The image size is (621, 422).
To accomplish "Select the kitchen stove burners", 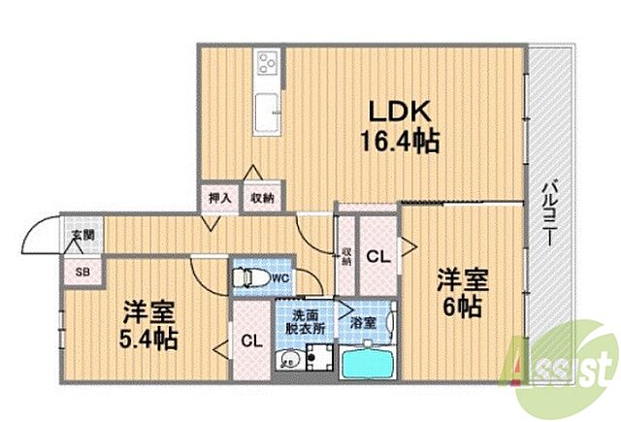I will (x=265, y=65).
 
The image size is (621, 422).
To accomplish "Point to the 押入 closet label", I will (x=219, y=198).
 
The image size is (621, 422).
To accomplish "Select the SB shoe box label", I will (x=82, y=271).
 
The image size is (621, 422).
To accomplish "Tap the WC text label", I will (x=280, y=279).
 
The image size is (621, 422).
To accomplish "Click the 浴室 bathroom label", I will (x=364, y=321).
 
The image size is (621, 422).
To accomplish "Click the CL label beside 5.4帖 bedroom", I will (x=250, y=341).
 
